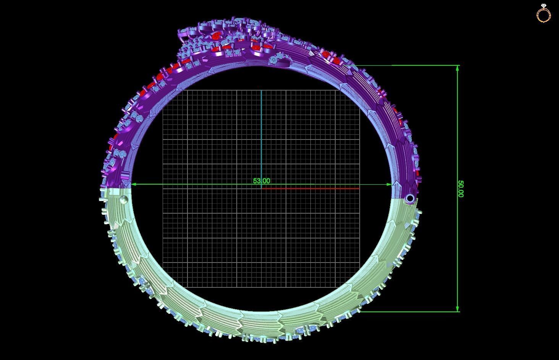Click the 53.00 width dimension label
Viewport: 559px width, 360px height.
(x=261, y=181)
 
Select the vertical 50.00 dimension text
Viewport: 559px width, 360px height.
(x=460, y=189)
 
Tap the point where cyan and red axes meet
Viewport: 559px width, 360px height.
(x=261, y=188)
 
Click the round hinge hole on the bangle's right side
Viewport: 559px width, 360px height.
(x=410, y=198)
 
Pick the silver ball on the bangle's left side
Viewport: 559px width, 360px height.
(x=123, y=200)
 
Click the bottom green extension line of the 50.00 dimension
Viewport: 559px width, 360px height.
(x=409, y=311)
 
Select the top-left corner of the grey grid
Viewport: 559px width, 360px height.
(x=163, y=90)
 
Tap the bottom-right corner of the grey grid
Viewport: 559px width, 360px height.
(x=359, y=287)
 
